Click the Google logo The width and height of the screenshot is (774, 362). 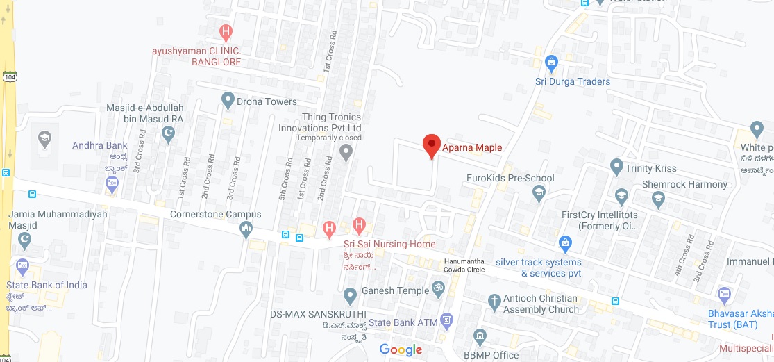tap(401, 349)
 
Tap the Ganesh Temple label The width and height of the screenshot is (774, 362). tap(395, 290)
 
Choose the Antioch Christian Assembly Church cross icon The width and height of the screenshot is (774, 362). tap(494, 302)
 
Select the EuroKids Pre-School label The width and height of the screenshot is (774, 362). tap(510, 178)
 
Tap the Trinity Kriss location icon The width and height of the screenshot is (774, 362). tap(616, 167)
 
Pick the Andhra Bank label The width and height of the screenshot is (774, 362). tap(100, 145)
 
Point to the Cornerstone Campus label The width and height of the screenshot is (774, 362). tap(216, 214)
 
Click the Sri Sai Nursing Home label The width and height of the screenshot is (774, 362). tap(389, 244)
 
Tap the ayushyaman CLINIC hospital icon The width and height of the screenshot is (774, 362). tap(226, 31)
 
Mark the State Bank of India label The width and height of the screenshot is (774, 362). tap(47, 285)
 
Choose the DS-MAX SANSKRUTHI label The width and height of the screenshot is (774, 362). tap(318, 314)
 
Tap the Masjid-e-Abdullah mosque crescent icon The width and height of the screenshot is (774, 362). tap(167, 133)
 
